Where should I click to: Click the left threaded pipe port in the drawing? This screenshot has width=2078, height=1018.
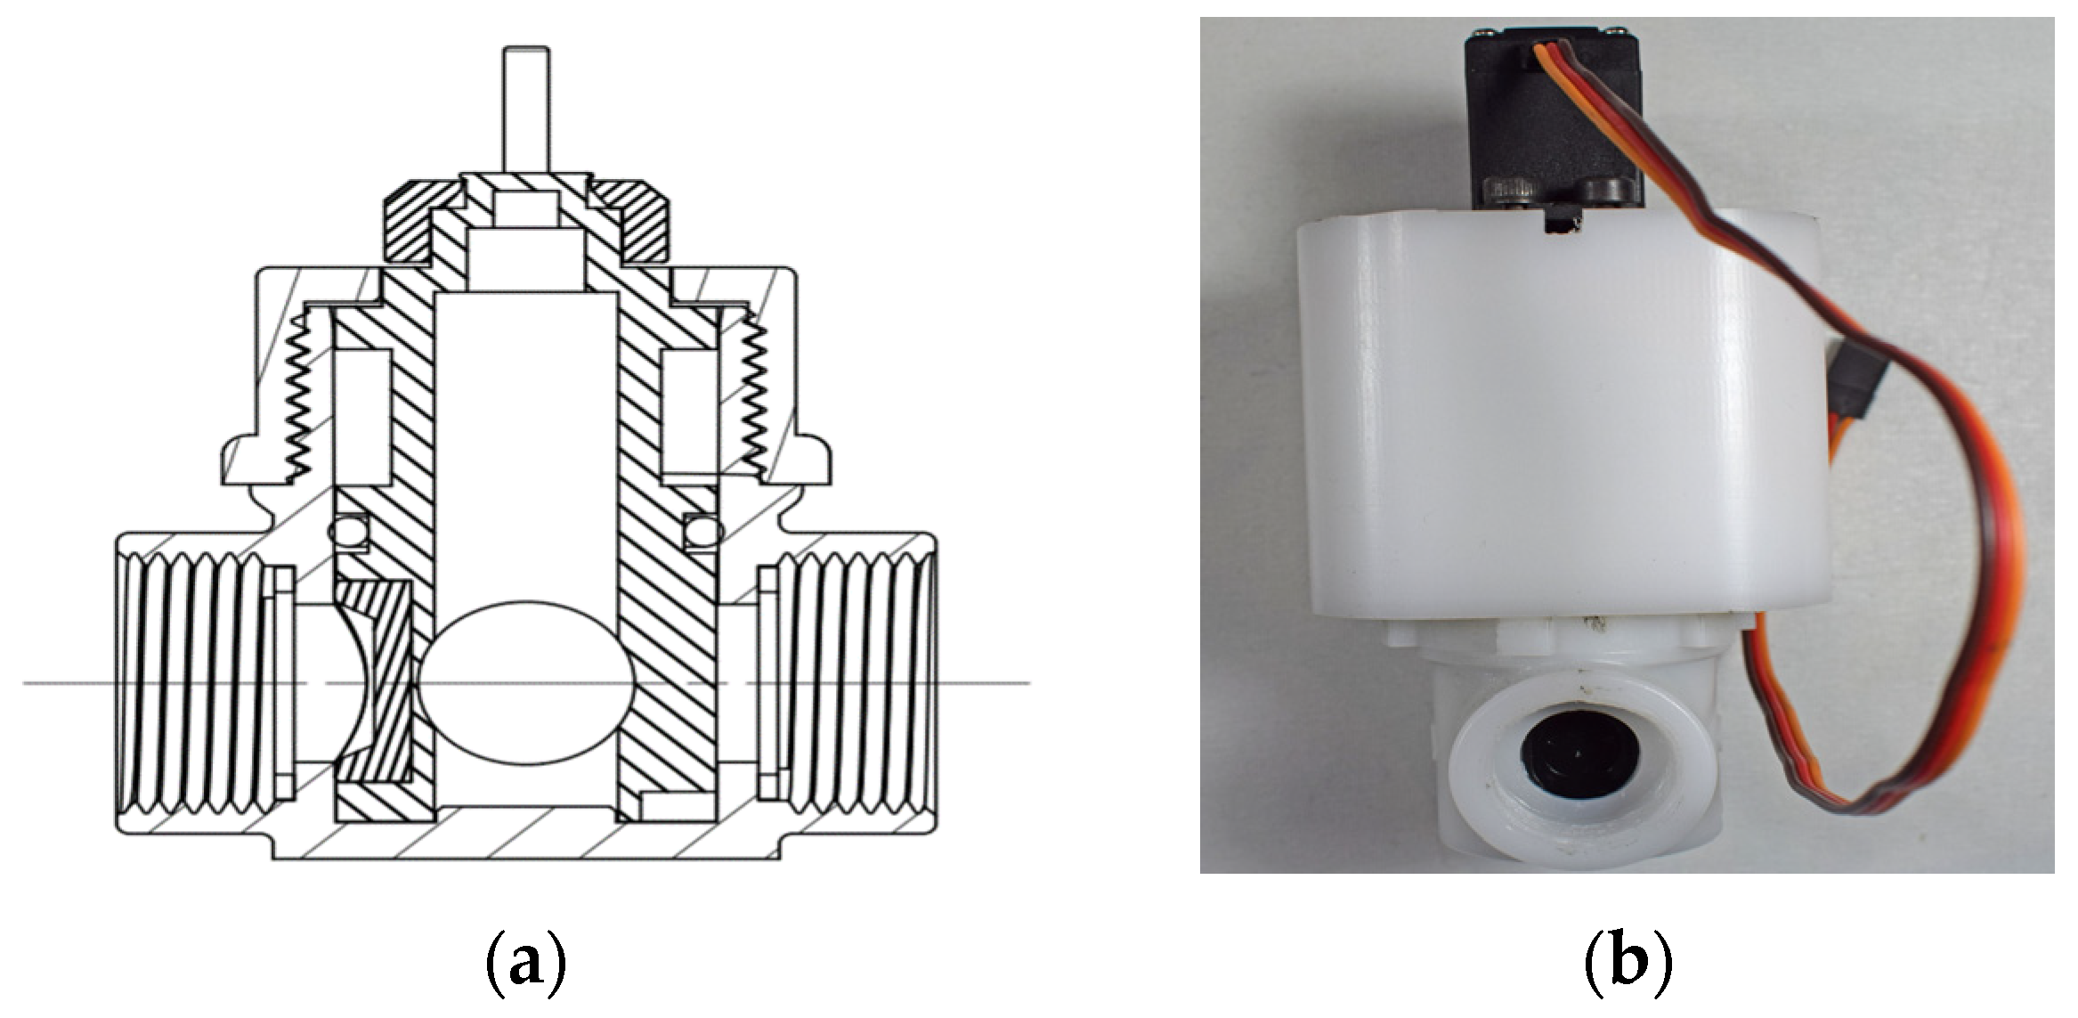point(191,684)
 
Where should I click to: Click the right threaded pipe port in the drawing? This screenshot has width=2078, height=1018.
point(855,684)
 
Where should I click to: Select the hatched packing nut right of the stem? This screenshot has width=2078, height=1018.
point(635,223)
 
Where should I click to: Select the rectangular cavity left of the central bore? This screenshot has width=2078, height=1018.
point(362,411)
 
